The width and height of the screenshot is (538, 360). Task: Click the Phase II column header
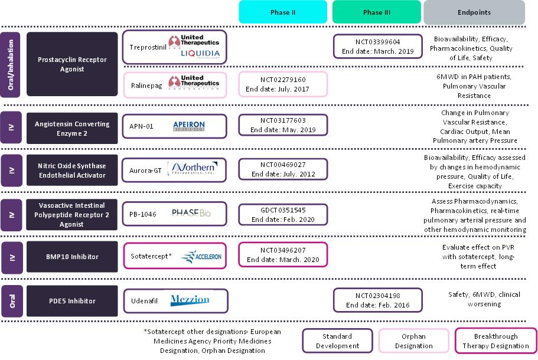coord(283,12)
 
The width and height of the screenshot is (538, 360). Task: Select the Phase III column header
coord(377,12)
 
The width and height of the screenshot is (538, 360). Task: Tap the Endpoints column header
coord(474,12)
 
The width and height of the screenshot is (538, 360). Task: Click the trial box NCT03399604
coord(378,46)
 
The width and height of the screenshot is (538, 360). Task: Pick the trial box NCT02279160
coord(283,84)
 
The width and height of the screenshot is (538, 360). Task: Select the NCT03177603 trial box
coord(283,125)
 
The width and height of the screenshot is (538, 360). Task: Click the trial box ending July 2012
coord(283,169)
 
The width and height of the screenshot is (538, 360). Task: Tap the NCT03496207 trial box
coord(283,255)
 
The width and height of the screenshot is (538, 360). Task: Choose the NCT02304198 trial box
coord(378,300)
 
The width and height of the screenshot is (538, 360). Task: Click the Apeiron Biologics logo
coord(189,126)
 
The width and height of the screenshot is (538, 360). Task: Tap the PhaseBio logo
coord(191,213)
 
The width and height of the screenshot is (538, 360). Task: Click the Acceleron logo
coord(200,256)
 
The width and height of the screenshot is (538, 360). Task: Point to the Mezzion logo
coord(190,300)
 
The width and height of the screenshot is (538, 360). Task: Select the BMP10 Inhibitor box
coord(72,257)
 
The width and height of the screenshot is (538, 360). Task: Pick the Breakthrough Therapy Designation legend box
coord(495,341)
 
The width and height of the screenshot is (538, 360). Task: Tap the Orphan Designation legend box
coord(413,341)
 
